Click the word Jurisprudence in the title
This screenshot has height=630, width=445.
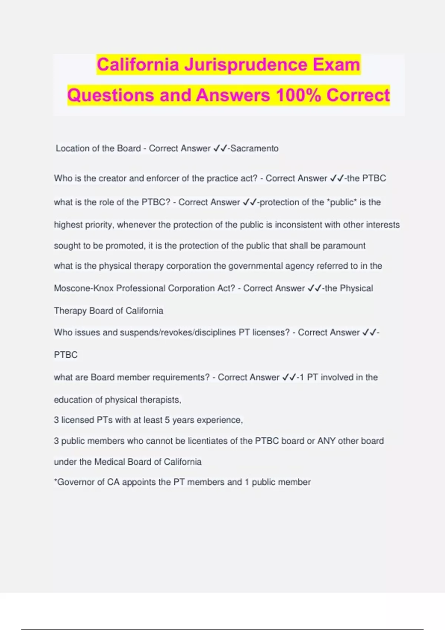[x=245, y=65]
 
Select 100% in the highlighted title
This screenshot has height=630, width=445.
[x=299, y=95]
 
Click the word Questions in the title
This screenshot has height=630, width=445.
[x=111, y=95]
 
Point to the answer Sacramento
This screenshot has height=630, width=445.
[x=254, y=148]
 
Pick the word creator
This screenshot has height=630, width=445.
[x=113, y=178]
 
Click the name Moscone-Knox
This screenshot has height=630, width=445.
[x=84, y=288]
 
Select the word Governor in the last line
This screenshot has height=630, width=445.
[x=76, y=482]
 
